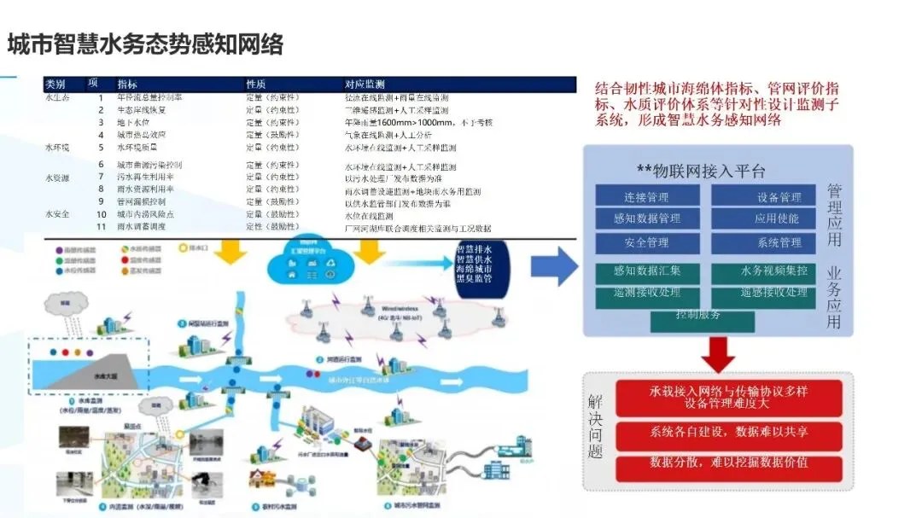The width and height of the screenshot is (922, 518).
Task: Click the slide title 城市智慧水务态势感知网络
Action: [x=145, y=44]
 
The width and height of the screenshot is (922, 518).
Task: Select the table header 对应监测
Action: [x=365, y=84]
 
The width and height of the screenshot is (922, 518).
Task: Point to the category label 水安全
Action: [x=58, y=213]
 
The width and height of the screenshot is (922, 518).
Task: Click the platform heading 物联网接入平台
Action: [x=701, y=172]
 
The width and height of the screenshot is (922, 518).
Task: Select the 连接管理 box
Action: [x=646, y=198]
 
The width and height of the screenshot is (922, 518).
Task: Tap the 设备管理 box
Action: [x=765, y=198]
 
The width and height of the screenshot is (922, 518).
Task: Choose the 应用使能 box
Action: [x=765, y=218]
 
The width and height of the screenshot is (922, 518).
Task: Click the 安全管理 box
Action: [x=646, y=242]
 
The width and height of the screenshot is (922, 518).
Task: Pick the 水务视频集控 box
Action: [x=765, y=272]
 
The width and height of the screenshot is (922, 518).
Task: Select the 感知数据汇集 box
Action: [x=646, y=272]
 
